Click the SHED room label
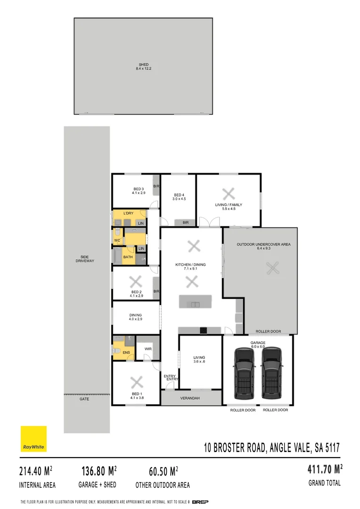click(x=144, y=65)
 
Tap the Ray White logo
click(x=33, y=439)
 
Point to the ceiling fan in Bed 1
click(x=136, y=381)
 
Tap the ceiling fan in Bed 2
click(x=136, y=282)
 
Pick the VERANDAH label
click(x=190, y=398)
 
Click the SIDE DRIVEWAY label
click(x=87, y=259)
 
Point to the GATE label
click(x=84, y=399)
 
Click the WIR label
click(x=147, y=349)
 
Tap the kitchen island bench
click(x=195, y=302)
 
